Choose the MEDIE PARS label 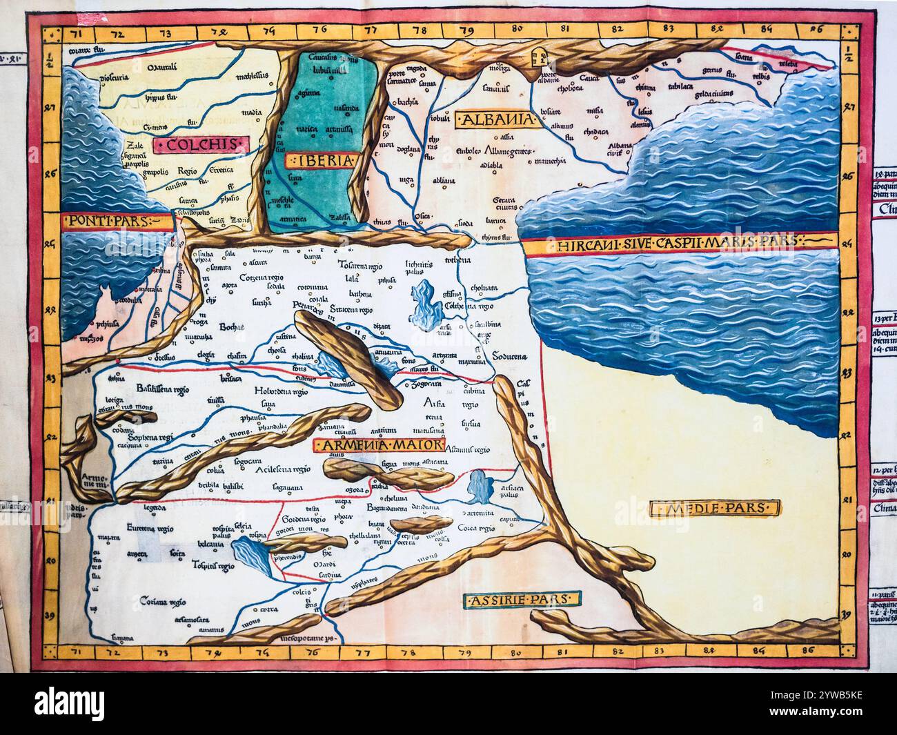pyautogui.click(x=715, y=509)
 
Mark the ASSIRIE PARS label pyautogui.click(x=522, y=600)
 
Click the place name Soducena pyautogui.click(x=509, y=357)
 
